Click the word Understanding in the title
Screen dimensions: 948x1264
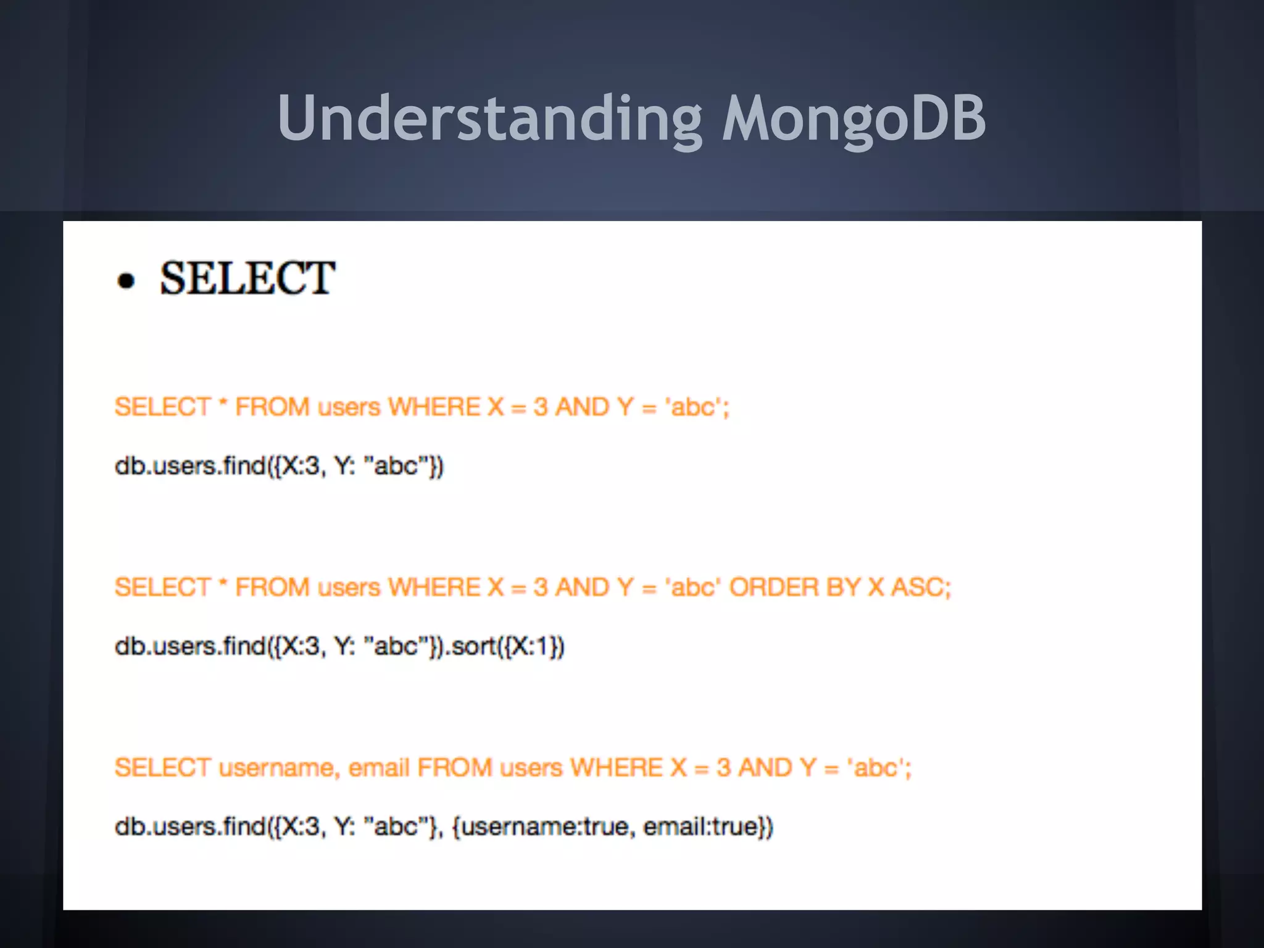point(489,118)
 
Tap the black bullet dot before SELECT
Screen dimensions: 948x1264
point(126,281)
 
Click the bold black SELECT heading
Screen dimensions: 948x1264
point(247,278)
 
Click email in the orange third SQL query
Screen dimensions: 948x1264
point(379,768)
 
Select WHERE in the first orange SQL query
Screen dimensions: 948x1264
point(434,407)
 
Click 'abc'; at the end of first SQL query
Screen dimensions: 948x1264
point(697,407)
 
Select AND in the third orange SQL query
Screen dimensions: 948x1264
point(765,768)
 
